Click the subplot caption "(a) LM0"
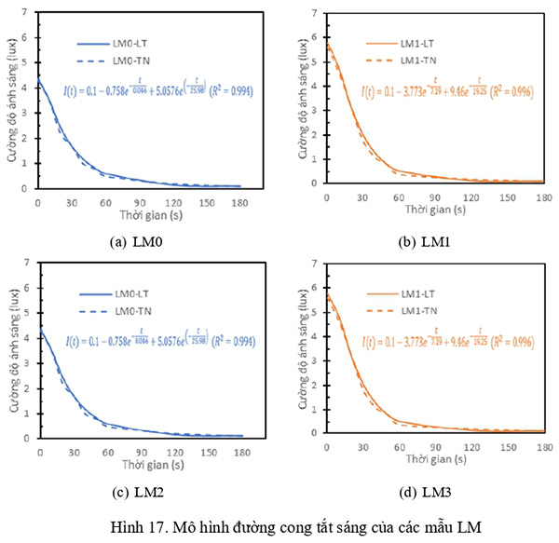pyautogui.click(x=140, y=241)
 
